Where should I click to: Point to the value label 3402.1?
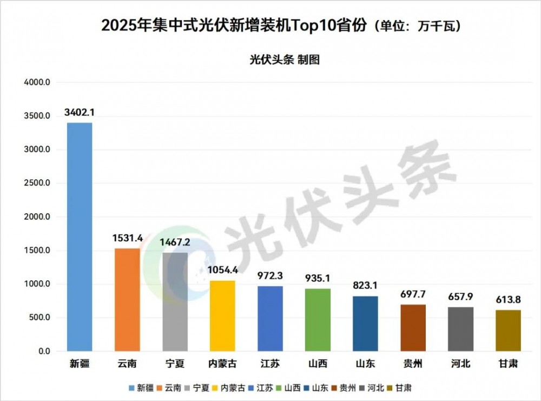(x=80, y=113)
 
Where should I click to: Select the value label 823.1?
(x=366, y=286)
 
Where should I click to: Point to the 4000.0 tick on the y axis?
(x=36, y=82)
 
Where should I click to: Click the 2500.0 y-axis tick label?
(x=36, y=183)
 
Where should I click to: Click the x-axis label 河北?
(x=461, y=364)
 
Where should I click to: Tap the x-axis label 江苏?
(x=270, y=364)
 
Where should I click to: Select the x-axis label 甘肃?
(x=509, y=364)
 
